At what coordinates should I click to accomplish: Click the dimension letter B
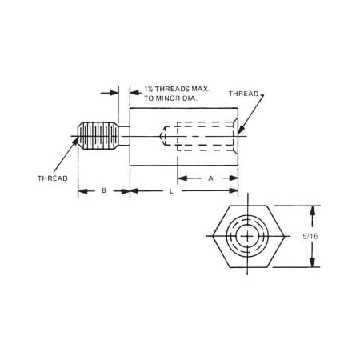pos(103,190)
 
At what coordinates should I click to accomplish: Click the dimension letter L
pos(171,191)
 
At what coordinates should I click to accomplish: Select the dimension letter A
pos(210,178)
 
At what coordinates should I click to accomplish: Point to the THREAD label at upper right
pos(244,94)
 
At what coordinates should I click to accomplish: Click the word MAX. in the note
pos(198,90)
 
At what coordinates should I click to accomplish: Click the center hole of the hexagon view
pos(246,238)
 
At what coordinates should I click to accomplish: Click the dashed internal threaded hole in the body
pos(200,135)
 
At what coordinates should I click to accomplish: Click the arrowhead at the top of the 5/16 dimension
pos(313,210)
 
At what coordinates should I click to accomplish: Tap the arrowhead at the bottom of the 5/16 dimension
pos(313,265)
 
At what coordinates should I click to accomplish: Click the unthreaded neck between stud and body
pos(123,135)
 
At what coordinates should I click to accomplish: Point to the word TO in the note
pos(151,98)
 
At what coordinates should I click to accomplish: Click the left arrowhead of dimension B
pos(81,191)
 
